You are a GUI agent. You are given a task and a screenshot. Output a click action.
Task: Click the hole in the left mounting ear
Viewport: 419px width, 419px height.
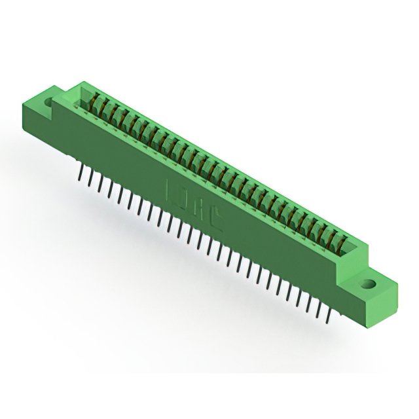click(48, 102)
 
